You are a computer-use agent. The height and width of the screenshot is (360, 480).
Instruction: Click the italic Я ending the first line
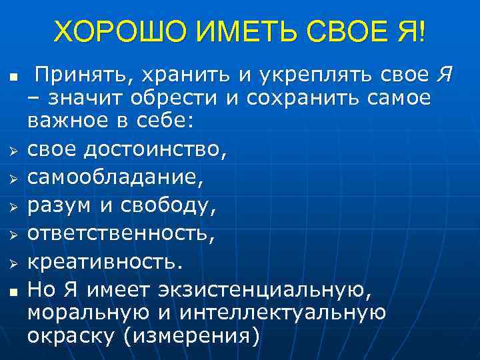coord(443,76)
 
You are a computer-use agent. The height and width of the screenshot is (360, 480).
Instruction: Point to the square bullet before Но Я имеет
coord(12,291)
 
